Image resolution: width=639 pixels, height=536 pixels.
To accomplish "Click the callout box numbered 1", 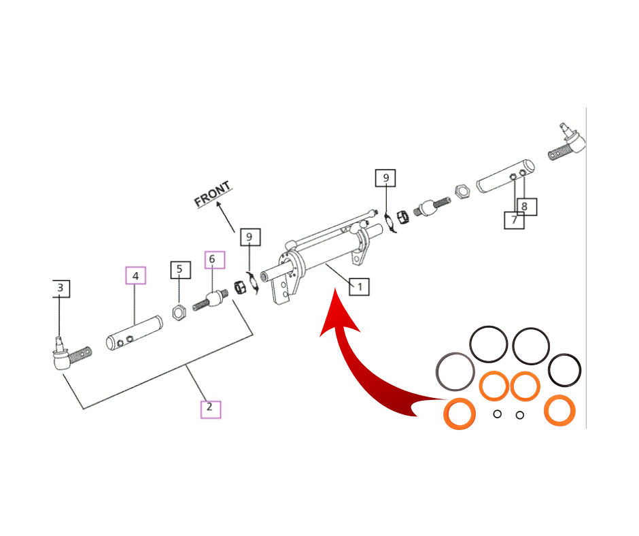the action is [x=359, y=286].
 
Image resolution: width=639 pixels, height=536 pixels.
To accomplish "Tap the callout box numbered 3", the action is [x=60, y=288].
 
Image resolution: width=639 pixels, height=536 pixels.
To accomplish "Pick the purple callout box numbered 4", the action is [x=135, y=275].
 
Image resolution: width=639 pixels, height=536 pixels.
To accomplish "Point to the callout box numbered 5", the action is [x=179, y=269].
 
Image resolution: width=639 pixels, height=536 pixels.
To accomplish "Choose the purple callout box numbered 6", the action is [x=211, y=259].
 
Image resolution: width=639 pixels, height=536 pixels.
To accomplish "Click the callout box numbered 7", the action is [x=514, y=220].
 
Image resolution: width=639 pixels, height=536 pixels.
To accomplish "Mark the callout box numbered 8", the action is [x=525, y=205].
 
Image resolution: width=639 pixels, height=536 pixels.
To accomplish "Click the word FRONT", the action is [x=213, y=195].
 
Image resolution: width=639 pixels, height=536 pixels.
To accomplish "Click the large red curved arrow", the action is [x=353, y=354].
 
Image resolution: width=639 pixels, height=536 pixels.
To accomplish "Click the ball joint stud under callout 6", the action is [x=211, y=300].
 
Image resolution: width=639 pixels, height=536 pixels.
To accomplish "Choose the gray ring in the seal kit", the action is [x=455, y=372].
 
